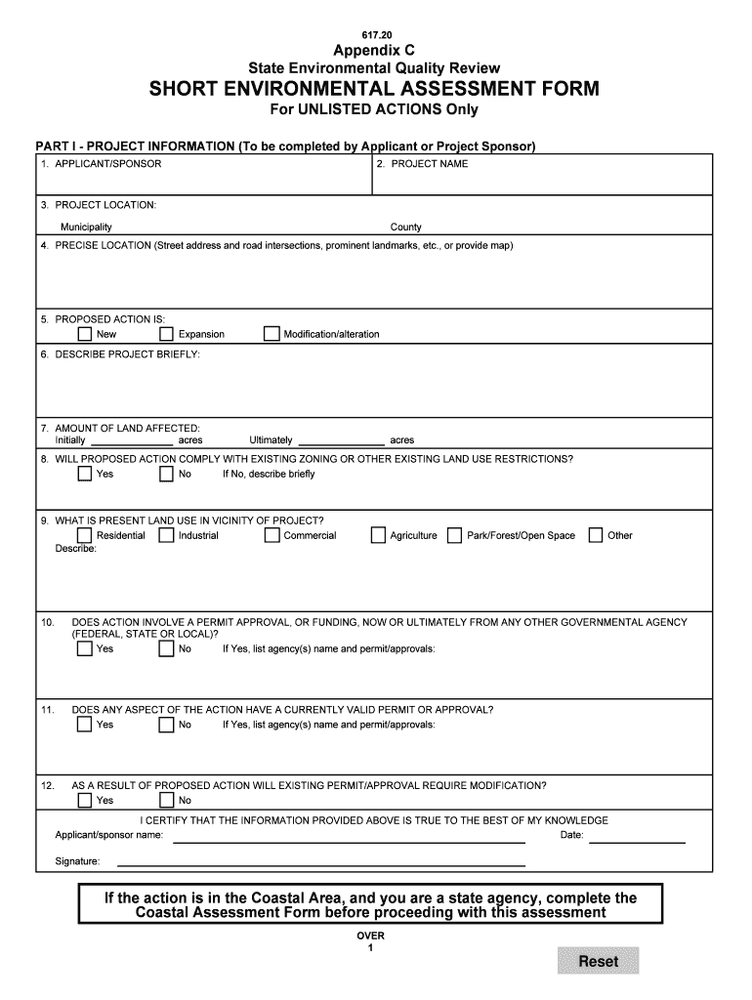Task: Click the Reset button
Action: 598,961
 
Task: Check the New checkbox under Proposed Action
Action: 85,335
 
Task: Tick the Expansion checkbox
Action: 166,335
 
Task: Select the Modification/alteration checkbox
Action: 272,335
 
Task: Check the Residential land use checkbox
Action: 85,535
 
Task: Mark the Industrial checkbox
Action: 166,535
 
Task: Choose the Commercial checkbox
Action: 272,535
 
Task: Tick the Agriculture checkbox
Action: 378,535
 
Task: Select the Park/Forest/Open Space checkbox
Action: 454,535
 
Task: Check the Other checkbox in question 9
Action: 595,535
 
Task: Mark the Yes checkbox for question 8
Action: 85,475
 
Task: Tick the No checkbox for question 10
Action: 166,649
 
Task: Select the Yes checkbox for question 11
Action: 85,725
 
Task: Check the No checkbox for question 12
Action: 166,801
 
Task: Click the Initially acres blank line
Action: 131,441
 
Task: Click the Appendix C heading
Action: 374,50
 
